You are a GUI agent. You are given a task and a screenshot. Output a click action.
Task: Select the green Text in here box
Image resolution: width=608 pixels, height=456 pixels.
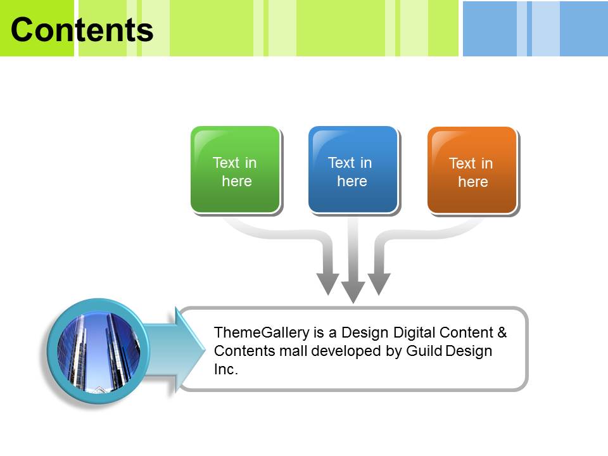click(235, 170)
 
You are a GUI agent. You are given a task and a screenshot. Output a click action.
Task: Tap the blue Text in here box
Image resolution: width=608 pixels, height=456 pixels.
click(353, 170)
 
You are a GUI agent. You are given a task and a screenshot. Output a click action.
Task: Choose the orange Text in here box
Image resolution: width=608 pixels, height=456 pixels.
click(472, 170)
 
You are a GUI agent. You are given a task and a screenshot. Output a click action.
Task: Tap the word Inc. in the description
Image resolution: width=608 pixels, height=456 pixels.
click(226, 369)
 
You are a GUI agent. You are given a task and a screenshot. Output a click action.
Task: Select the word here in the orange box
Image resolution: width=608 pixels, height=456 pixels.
click(472, 182)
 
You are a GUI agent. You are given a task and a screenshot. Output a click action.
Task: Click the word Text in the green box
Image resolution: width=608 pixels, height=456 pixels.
click(225, 163)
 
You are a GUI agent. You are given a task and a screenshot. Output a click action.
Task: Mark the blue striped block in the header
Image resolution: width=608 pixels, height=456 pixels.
click(535, 28)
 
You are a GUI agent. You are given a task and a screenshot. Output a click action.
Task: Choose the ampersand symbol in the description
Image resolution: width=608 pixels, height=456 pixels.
click(502, 332)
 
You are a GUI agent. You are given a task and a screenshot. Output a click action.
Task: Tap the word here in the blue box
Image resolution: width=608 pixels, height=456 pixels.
click(351, 181)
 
